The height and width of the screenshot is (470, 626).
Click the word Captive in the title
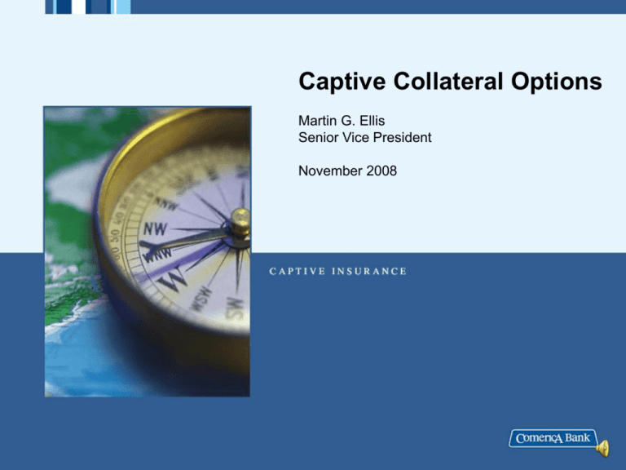342,82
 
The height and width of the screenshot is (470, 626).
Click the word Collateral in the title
448,81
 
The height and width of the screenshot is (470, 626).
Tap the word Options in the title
557,82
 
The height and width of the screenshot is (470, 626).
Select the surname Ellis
372,120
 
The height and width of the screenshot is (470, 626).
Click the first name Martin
315,120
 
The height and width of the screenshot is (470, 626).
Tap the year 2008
381,171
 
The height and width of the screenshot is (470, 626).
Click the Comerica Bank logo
553,438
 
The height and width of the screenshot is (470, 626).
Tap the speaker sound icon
603,448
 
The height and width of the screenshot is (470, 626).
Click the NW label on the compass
156,229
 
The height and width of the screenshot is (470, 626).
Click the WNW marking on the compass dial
158,255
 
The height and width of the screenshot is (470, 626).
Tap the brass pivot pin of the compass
240,222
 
